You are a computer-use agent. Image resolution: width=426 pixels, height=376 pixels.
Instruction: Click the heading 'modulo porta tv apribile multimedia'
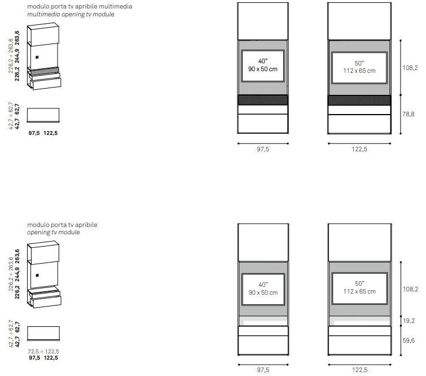tap(80, 6)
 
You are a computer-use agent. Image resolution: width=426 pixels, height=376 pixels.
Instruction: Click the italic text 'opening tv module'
tap(54, 232)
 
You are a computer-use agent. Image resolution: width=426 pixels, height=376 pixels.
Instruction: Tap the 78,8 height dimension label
tap(409, 114)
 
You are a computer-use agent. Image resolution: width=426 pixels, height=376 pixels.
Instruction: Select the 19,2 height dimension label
tap(409, 321)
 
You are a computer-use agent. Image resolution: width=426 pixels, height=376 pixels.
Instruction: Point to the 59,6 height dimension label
tap(409, 340)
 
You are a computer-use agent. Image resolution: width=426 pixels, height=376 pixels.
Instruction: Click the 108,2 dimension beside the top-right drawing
tap(410, 68)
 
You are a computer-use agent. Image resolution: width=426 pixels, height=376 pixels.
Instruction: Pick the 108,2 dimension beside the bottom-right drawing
tap(410, 289)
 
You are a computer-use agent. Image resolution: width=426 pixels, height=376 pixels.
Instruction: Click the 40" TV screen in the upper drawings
tap(263, 66)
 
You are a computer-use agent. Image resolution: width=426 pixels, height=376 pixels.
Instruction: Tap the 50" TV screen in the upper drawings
tap(359, 68)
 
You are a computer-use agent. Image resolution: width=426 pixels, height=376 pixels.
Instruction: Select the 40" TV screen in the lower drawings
tap(263, 289)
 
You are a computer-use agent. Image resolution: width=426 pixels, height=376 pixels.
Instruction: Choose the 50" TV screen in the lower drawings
tap(359, 288)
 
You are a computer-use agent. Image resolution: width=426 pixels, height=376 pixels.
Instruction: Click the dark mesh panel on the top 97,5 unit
tap(263, 100)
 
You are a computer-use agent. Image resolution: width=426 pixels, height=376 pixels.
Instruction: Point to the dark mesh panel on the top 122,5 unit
tap(359, 100)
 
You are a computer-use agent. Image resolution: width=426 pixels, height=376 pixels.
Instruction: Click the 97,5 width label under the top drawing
tap(263, 149)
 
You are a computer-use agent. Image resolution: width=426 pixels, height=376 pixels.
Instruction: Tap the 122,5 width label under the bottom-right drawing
tap(359, 370)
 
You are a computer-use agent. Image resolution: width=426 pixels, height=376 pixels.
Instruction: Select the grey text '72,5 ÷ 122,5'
tap(43, 351)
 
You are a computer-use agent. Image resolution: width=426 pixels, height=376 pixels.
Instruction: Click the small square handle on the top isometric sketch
tap(37, 58)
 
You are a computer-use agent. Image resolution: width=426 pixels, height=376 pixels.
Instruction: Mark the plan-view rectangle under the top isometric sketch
tap(43, 115)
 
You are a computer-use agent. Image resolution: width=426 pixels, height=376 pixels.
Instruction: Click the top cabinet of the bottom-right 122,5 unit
tap(360, 243)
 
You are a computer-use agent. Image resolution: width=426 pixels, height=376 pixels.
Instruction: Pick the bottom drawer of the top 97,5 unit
tap(263, 124)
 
